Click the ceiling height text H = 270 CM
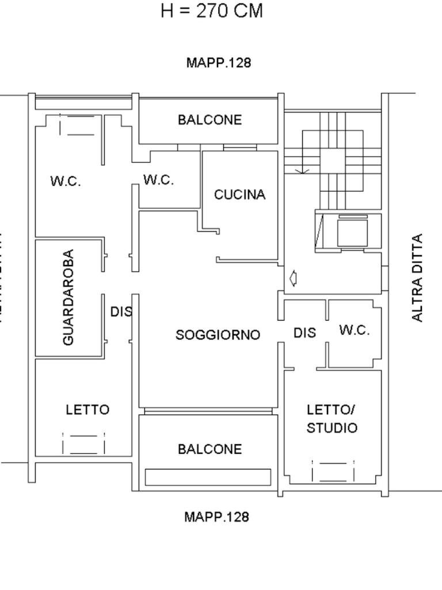[x=211, y=11]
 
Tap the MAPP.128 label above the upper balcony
[x=219, y=63]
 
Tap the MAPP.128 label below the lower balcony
[x=216, y=517]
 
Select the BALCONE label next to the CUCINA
[x=209, y=120]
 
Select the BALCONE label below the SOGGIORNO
[x=209, y=449]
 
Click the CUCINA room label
[x=240, y=195]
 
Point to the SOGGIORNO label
[x=218, y=335]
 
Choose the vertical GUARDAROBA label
[x=68, y=297]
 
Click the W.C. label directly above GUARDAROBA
[x=65, y=181]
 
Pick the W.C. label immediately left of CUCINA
[x=158, y=180]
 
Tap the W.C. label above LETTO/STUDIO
[x=354, y=330]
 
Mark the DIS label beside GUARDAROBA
[x=121, y=312]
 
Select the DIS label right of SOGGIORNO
[x=304, y=333]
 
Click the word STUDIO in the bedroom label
[x=331, y=428]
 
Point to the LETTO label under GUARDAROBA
[x=87, y=410]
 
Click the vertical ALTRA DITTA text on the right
[x=418, y=278]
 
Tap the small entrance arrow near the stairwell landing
[x=293, y=279]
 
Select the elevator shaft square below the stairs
[x=351, y=232]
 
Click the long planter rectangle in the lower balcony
[x=208, y=477]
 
